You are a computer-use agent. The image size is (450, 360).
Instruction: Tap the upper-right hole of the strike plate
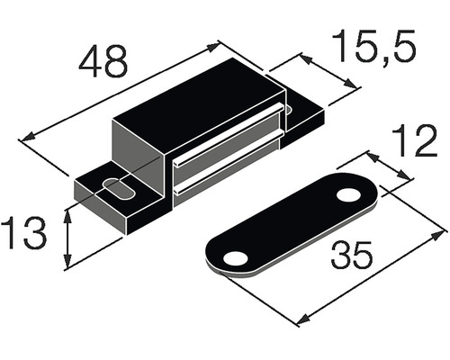(347, 194)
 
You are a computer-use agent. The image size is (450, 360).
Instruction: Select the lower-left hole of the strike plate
(236, 258)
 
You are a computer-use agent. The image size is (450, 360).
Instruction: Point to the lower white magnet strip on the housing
(225, 173)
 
